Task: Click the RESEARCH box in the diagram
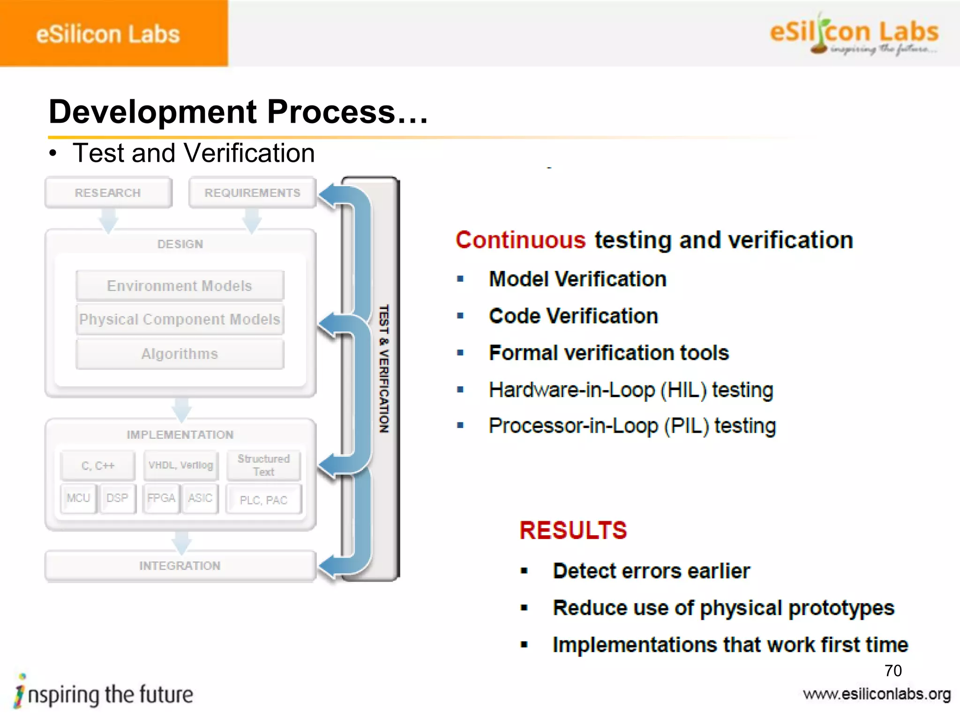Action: [x=108, y=193]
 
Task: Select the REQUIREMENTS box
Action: [x=252, y=193]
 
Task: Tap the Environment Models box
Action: [x=180, y=285]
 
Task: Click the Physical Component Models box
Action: [x=180, y=319]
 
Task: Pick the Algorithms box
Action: [x=180, y=354]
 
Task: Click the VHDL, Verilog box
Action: [x=181, y=465]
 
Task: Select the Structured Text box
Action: [x=263, y=465]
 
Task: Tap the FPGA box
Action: [x=161, y=498]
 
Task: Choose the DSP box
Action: [x=117, y=498]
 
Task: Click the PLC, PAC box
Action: [x=263, y=500]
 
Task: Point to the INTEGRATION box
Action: [x=180, y=566]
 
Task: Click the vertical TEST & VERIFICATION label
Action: [x=384, y=368]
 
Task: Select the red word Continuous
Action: [x=520, y=240]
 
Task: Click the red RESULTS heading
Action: [x=573, y=531]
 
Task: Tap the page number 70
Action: [x=893, y=670]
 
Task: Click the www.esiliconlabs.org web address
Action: [x=877, y=694]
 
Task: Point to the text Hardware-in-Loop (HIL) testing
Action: [x=630, y=390]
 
